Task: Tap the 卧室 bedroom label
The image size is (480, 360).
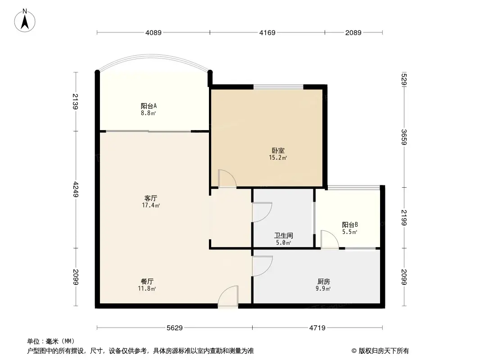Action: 278,151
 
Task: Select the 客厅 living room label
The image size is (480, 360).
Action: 150,198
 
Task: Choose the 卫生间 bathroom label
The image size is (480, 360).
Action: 284,235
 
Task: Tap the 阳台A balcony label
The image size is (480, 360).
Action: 148,106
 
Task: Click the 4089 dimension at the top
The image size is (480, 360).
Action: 153,32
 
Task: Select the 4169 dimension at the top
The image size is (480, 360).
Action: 267,32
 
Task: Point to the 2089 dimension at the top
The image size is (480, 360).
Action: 353,32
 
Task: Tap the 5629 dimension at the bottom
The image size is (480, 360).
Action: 174,328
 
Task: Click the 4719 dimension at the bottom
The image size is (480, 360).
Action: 317,328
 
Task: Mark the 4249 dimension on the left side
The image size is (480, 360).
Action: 76,189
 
